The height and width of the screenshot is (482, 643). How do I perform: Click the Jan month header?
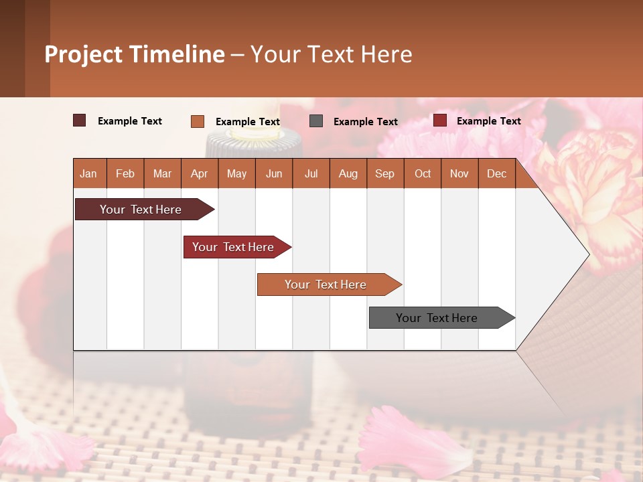(x=88, y=174)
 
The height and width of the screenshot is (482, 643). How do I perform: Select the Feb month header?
(x=125, y=174)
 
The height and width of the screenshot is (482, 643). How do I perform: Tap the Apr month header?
(x=199, y=174)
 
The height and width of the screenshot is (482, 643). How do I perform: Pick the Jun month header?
(x=274, y=174)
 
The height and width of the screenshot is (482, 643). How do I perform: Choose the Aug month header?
(x=348, y=174)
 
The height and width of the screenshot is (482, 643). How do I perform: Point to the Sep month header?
(x=384, y=174)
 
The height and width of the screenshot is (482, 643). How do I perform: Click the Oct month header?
(x=423, y=174)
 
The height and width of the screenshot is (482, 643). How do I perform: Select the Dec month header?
(x=496, y=174)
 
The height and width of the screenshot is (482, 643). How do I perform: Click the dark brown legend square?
(x=79, y=120)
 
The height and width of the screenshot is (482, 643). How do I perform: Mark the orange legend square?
(x=197, y=121)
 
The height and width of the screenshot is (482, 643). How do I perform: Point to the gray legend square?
(x=316, y=121)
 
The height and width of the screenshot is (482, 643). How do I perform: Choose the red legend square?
(x=439, y=120)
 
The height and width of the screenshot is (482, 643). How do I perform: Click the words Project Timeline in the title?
(x=134, y=54)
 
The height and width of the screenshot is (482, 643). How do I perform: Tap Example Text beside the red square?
(x=488, y=121)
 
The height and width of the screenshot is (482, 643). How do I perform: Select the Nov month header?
(x=459, y=174)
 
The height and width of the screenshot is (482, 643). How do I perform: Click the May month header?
(x=236, y=174)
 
